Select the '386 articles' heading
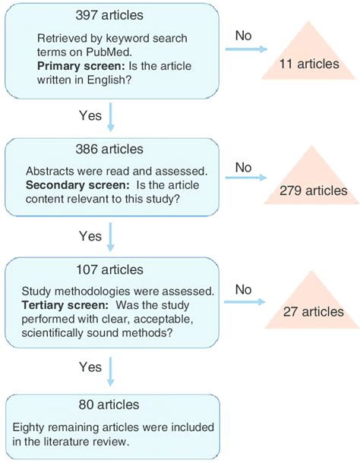pyautogui.click(x=111, y=150)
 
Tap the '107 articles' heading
pyautogui.click(x=111, y=270)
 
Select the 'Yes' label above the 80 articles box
pyautogui.click(x=90, y=367)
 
